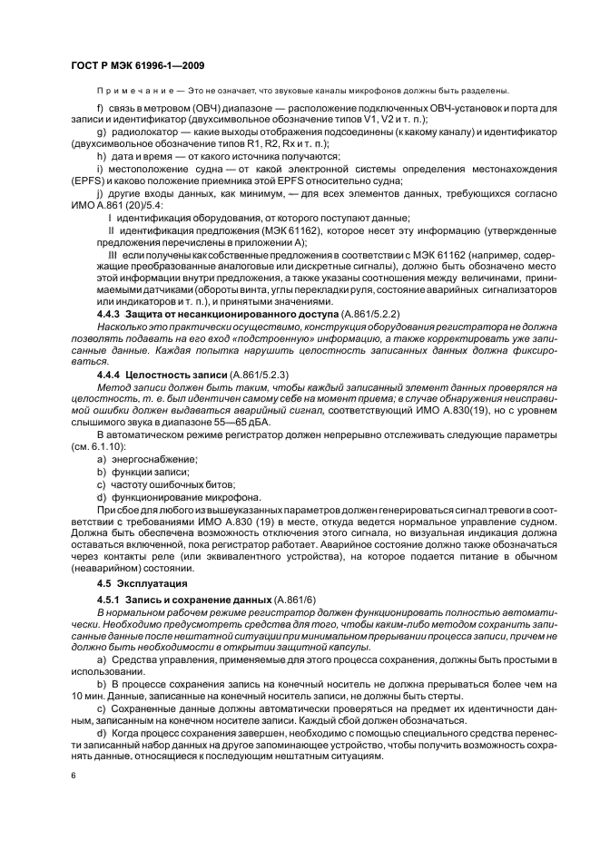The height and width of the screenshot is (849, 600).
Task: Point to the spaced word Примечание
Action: click(x=128, y=91)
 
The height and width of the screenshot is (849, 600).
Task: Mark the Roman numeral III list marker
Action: click(x=111, y=255)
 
